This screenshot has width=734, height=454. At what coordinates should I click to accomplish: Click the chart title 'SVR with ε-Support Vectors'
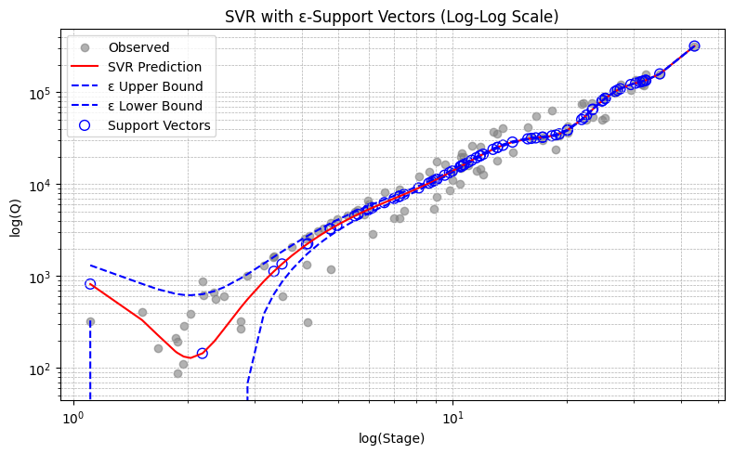tap(391, 16)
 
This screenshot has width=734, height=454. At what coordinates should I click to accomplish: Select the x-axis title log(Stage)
tap(391, 438)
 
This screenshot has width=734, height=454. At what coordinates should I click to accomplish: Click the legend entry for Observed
tap(138, 47)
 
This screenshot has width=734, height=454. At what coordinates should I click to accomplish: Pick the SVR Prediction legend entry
tap(154, 67)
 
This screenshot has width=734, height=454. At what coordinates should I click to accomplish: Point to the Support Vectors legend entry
tap(159, 125)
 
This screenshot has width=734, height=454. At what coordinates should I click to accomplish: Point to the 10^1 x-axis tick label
tap(452, 416)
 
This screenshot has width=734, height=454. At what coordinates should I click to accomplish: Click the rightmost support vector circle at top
tap(694, 45)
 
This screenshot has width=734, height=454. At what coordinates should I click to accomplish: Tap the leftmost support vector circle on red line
tap(90, 284)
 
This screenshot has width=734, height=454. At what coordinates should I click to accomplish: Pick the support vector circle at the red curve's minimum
tap(202, 353)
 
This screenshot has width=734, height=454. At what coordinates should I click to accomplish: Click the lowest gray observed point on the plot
tap(177, 373)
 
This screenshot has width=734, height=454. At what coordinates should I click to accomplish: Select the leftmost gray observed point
tap(90, 322)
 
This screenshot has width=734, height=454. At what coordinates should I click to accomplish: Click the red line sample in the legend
tap(85, 67)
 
